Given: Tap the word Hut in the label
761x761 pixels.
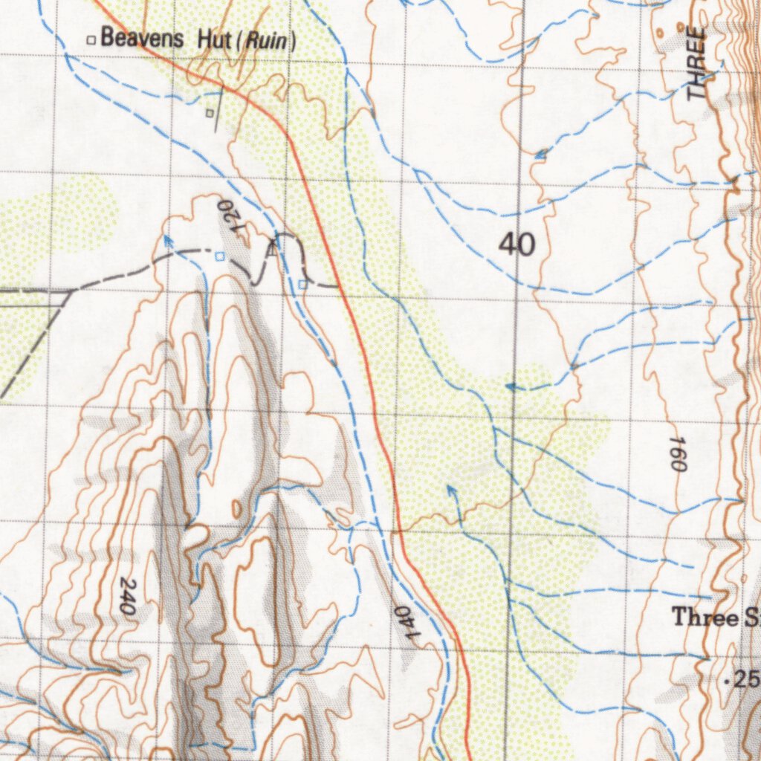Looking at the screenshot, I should click(x=215, y=39).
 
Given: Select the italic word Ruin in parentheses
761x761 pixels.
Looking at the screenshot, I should click(x=265, y=40).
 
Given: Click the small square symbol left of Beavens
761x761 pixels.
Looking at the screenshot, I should click(x=91, y=39).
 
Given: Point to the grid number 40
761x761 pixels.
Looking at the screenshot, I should click(x=516, y=244).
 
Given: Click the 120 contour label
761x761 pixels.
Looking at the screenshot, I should click(x=231, y=216).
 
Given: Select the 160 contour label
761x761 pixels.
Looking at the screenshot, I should click(x=676, y=453).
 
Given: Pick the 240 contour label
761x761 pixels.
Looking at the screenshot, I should click(x=126, y=595).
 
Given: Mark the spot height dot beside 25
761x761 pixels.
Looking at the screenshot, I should click(x=726, y=680).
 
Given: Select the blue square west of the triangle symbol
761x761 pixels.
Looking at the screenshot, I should click(x=219, y=256).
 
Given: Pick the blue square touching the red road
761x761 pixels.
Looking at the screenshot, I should click(x=302, y=284).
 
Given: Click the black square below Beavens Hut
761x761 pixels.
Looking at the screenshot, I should click(x=210, y=113).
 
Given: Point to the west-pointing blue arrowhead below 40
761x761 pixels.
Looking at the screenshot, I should click(x=511, y=386).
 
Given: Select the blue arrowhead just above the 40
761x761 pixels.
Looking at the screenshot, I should click(x=541, y=154).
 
